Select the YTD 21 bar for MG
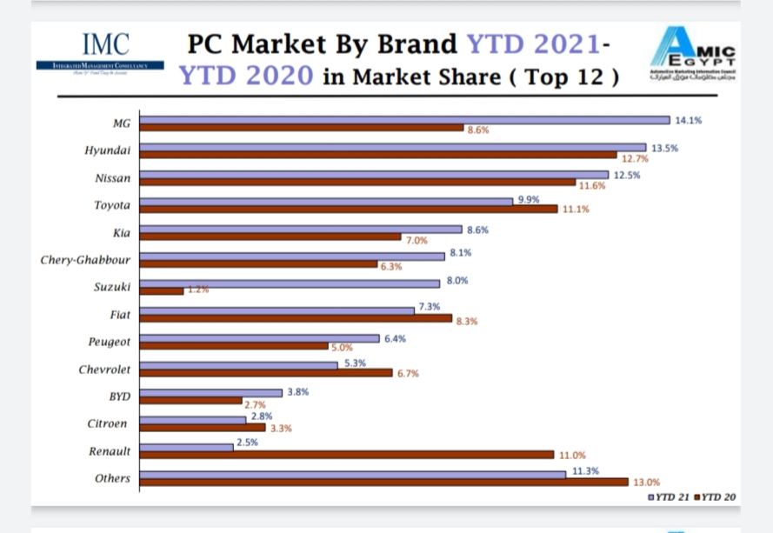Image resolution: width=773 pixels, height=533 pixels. pyautogui.click(x=404, y=120)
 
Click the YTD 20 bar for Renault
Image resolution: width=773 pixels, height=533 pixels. pyautogui.click(x=346, y=454)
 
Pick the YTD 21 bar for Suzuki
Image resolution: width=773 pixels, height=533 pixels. pyautogui.click(x=290, y=283)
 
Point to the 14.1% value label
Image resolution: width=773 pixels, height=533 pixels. pyautogui.click(x=688, y=120)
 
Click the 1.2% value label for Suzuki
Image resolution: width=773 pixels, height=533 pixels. pyautogui.click(x=199, y=290)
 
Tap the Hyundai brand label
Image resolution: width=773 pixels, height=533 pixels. pyautogui.click(x=107, y=150)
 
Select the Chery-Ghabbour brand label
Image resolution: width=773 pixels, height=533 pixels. pyautogui.click(x=85, y=259)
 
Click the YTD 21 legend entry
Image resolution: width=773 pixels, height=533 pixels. pyautogui.click(x=670, y=496)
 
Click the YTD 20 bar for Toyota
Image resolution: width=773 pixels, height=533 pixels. pyautogui.click(x=348, y=209)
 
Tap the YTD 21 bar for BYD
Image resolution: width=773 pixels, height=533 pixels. pyautogui.click(x=210, y=393)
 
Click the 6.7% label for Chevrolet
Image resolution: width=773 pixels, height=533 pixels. pyautogui.click(x=409, y=374)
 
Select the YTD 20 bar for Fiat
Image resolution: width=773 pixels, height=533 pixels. pyautogui.click(x=296, y=318)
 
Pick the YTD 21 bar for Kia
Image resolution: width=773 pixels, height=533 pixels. pyautogui.click(x=300, y=230)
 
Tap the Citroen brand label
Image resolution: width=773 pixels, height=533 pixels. pyautogui.click(x=107, y=423)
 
